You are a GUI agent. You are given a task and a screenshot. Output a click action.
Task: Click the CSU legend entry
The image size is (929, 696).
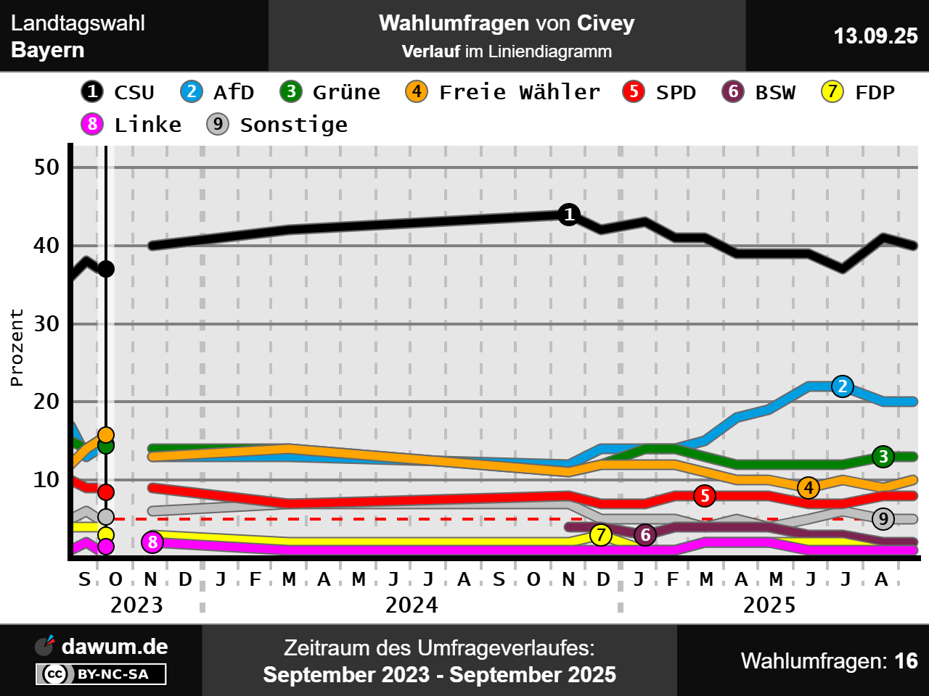(x=118, y=92)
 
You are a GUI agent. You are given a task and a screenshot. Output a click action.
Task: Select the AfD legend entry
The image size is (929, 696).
(x=217, y=92)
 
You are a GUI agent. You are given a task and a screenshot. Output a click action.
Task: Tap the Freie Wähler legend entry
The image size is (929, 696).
(x=502, y=92)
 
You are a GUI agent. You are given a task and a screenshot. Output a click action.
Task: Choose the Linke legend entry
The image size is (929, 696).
(x=131, y=125)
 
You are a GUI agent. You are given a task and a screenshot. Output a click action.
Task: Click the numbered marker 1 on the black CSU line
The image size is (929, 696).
(x=569, y=215)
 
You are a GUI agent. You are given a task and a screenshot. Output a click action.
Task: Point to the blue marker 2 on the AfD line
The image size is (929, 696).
(x=842, y=386)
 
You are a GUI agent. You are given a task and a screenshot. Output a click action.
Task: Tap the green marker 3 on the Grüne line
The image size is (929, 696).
(x=883, y=457)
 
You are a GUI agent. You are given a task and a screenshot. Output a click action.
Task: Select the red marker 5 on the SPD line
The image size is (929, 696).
(x=704, y=496)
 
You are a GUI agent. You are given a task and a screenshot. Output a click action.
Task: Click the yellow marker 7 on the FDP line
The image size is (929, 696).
(x=600, y=535)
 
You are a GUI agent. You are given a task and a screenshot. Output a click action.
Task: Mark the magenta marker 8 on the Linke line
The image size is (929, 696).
(x=152, y=542)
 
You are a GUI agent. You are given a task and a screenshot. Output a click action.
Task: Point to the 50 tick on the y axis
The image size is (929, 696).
(x=46, y=167)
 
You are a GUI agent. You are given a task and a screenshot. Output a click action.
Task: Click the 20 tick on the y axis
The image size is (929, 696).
(x=46, y=402)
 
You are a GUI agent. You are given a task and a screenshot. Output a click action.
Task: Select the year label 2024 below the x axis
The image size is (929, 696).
(x=412, y=605)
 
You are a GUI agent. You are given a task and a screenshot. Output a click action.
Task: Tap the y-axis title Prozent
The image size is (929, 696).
(x=17, y=347)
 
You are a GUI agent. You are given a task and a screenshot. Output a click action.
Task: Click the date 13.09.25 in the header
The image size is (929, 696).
(x=875, y=36)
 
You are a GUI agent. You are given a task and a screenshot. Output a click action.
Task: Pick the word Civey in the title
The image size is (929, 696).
(x=605, y=23)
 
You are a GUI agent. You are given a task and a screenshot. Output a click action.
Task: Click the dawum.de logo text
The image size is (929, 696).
(x=114, y=647)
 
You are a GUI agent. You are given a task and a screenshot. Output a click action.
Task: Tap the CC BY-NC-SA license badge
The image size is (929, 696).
(x=101, y=674)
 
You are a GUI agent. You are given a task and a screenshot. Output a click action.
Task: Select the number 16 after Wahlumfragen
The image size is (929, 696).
(x=906, y=661)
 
